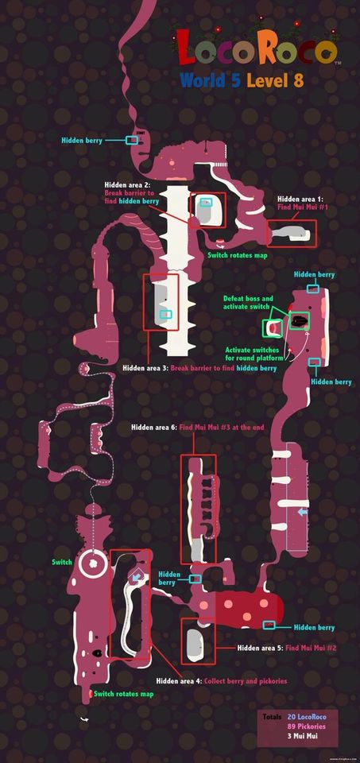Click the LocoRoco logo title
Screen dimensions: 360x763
click(257, 48)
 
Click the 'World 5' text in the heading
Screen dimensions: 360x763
click(210, 80)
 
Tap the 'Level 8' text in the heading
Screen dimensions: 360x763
click(275, 80)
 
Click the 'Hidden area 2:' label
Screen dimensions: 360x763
click(128, 185)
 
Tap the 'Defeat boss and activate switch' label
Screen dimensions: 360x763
click(248, 302)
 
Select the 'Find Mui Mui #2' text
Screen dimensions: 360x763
click(311, 649)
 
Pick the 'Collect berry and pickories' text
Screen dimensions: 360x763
click(246, 681)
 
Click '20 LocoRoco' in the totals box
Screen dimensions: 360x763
click(307, 717)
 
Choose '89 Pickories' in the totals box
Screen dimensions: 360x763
click(307, 726)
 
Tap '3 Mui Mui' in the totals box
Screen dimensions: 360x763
click(303, 735)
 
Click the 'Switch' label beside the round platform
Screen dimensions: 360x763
click(62, 562)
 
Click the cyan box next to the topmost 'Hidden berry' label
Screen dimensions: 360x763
click(131, 140)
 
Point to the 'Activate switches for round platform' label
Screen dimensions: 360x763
click(251, 354)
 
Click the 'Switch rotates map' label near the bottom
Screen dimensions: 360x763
click(123, 693)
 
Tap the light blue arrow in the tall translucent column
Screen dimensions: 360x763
click(303, 513)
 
